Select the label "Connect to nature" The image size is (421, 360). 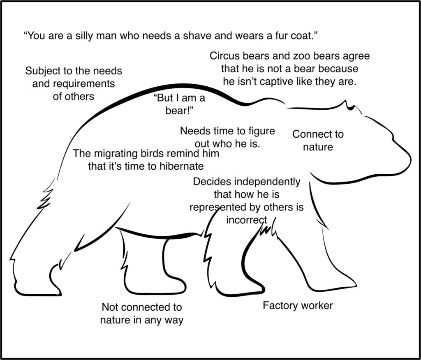317,140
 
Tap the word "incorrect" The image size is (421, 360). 247,220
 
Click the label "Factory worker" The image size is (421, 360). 298,306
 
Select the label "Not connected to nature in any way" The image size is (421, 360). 141,313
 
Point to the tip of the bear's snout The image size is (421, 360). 409,158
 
